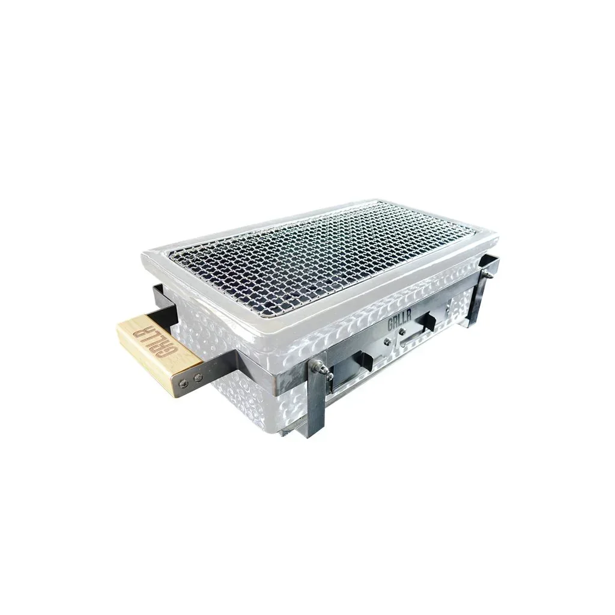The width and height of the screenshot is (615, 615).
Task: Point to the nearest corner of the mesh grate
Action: [x=260, y=317]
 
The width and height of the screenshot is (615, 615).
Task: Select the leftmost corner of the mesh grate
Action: [x=171, y=256]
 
